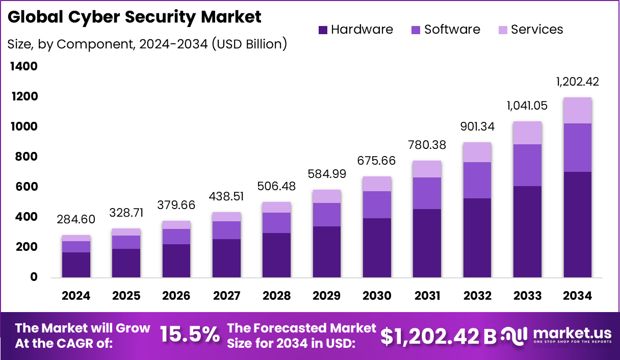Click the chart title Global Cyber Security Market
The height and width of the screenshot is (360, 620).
click(135, 17)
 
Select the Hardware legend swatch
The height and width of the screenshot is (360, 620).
click(323, 30)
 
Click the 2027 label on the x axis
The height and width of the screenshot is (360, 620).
click(226, 296)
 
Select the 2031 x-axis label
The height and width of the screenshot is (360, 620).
click(427, 296)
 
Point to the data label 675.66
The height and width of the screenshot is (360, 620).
click(377, 161)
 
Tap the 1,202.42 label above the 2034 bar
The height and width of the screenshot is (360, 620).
click(578, 82)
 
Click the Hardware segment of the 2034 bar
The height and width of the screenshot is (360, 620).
click(578, 224)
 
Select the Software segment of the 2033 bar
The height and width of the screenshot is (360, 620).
click(527, 165)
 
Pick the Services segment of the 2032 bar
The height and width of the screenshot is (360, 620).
click(477, 152)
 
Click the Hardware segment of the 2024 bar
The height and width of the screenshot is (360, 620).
click(76, 265)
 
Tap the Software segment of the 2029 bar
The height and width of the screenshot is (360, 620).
click(327, 214)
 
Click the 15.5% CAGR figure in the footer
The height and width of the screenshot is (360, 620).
click(190, 335)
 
